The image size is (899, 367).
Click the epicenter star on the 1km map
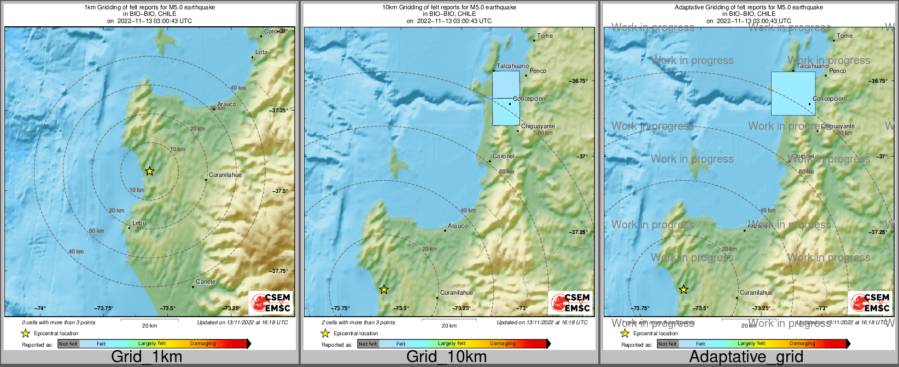[149, 171]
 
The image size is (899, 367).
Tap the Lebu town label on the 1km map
[139, 223]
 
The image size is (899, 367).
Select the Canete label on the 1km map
[206, 282]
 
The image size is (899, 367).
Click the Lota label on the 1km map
[261, 53]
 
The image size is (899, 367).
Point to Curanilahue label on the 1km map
[225, 175]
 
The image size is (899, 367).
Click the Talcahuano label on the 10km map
[512, 66]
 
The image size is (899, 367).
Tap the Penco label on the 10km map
[538, 71]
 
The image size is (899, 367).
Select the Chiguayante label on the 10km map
[538, 126]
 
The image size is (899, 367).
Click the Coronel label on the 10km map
[503, 156]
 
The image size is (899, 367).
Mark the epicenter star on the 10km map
[384, 289]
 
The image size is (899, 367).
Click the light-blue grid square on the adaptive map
[793, 93]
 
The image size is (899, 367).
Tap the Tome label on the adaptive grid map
[845, 36]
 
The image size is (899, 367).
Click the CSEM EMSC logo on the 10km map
[570, 302]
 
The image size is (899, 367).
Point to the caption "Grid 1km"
[147, 357]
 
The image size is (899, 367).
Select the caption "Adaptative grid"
[746, 357]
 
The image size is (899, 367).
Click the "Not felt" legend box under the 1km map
[68, 344]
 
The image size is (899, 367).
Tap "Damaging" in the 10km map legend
[503, 344]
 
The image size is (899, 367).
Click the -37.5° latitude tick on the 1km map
[280, 191]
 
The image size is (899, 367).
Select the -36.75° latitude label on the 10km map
[579, 81]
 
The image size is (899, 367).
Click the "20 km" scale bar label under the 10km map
[449, 326]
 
